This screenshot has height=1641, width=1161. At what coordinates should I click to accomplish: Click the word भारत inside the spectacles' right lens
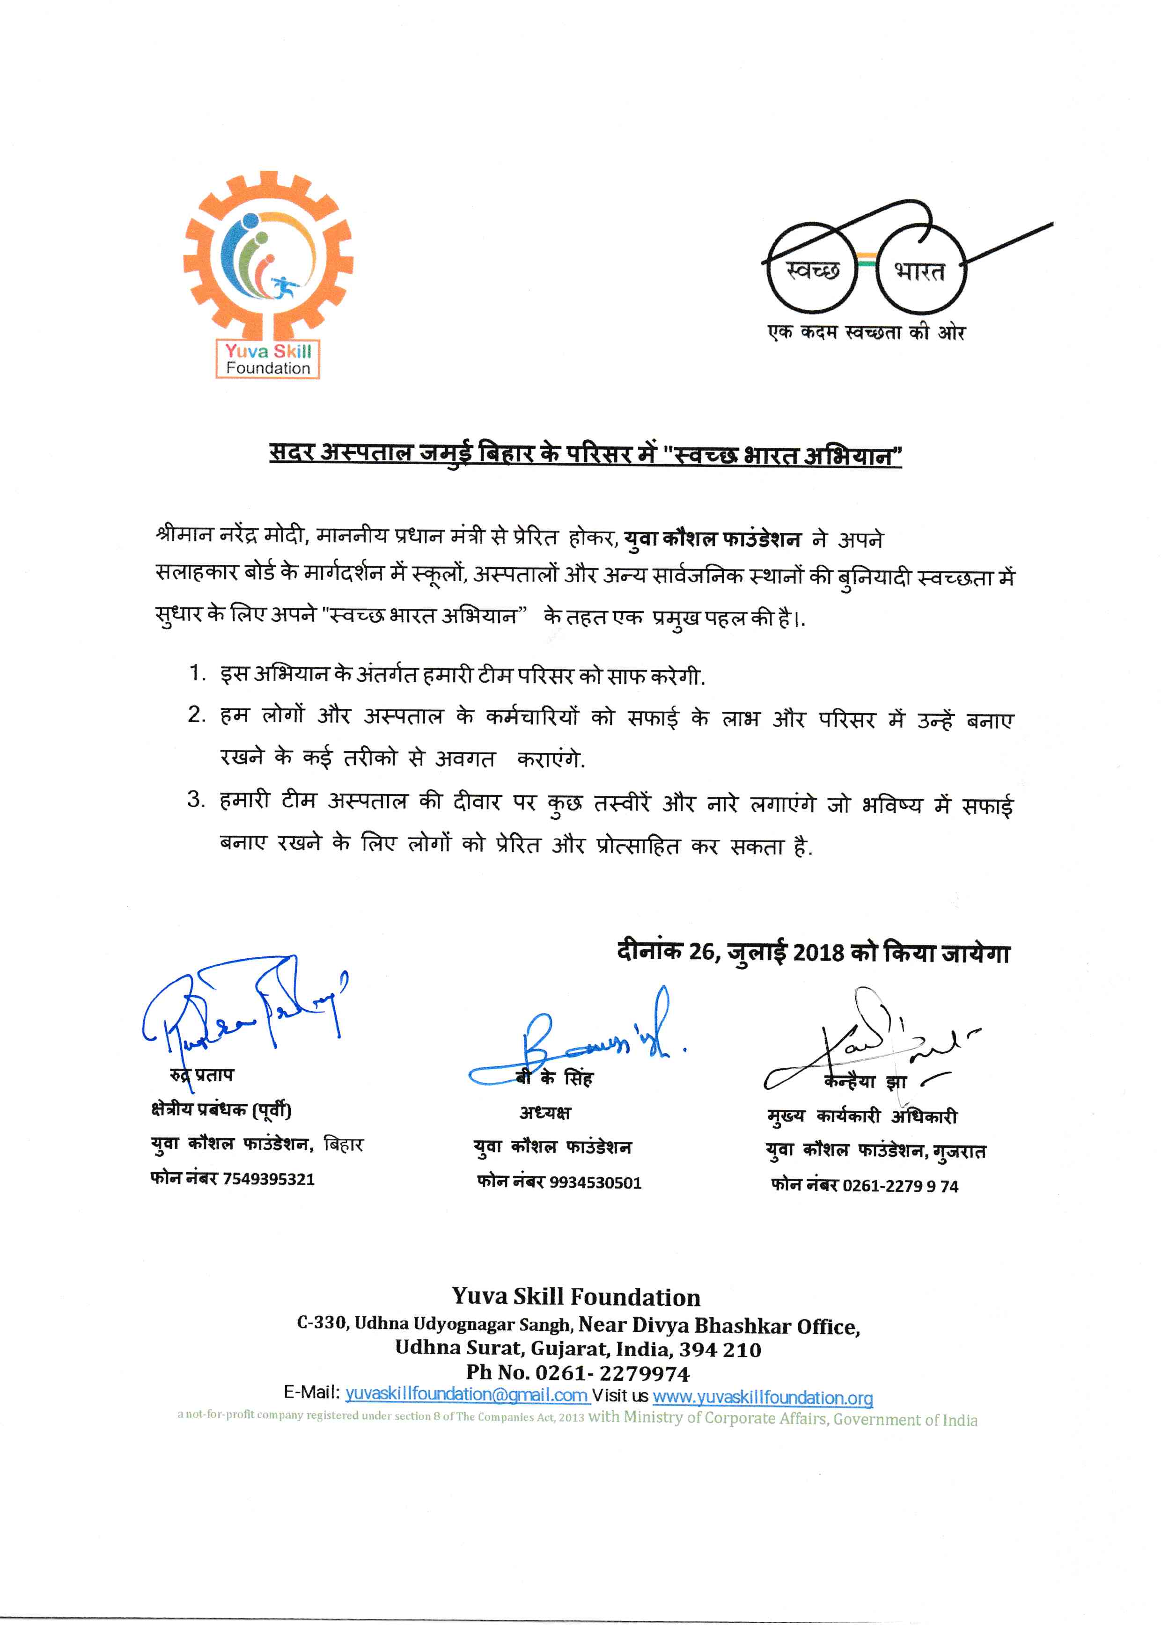pos(920,271)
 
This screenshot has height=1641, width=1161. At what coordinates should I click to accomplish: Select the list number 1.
pos(197,673)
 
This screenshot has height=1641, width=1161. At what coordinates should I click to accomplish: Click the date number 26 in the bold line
pos(702,953)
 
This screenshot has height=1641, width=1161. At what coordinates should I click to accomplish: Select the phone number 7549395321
pos(269,1179)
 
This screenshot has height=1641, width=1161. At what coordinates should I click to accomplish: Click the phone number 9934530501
pos(595,1183)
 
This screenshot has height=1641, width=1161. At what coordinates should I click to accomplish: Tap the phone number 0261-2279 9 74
pos(900,1187)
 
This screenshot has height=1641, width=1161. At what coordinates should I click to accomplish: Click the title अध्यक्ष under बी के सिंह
pos(545,1113)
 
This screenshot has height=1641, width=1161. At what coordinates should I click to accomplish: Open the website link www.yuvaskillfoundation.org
pos(763,1397)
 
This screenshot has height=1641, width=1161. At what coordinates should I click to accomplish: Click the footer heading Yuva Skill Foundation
pos(576,1297)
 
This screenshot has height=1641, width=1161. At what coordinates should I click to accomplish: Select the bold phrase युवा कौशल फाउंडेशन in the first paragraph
pos(713,539)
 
